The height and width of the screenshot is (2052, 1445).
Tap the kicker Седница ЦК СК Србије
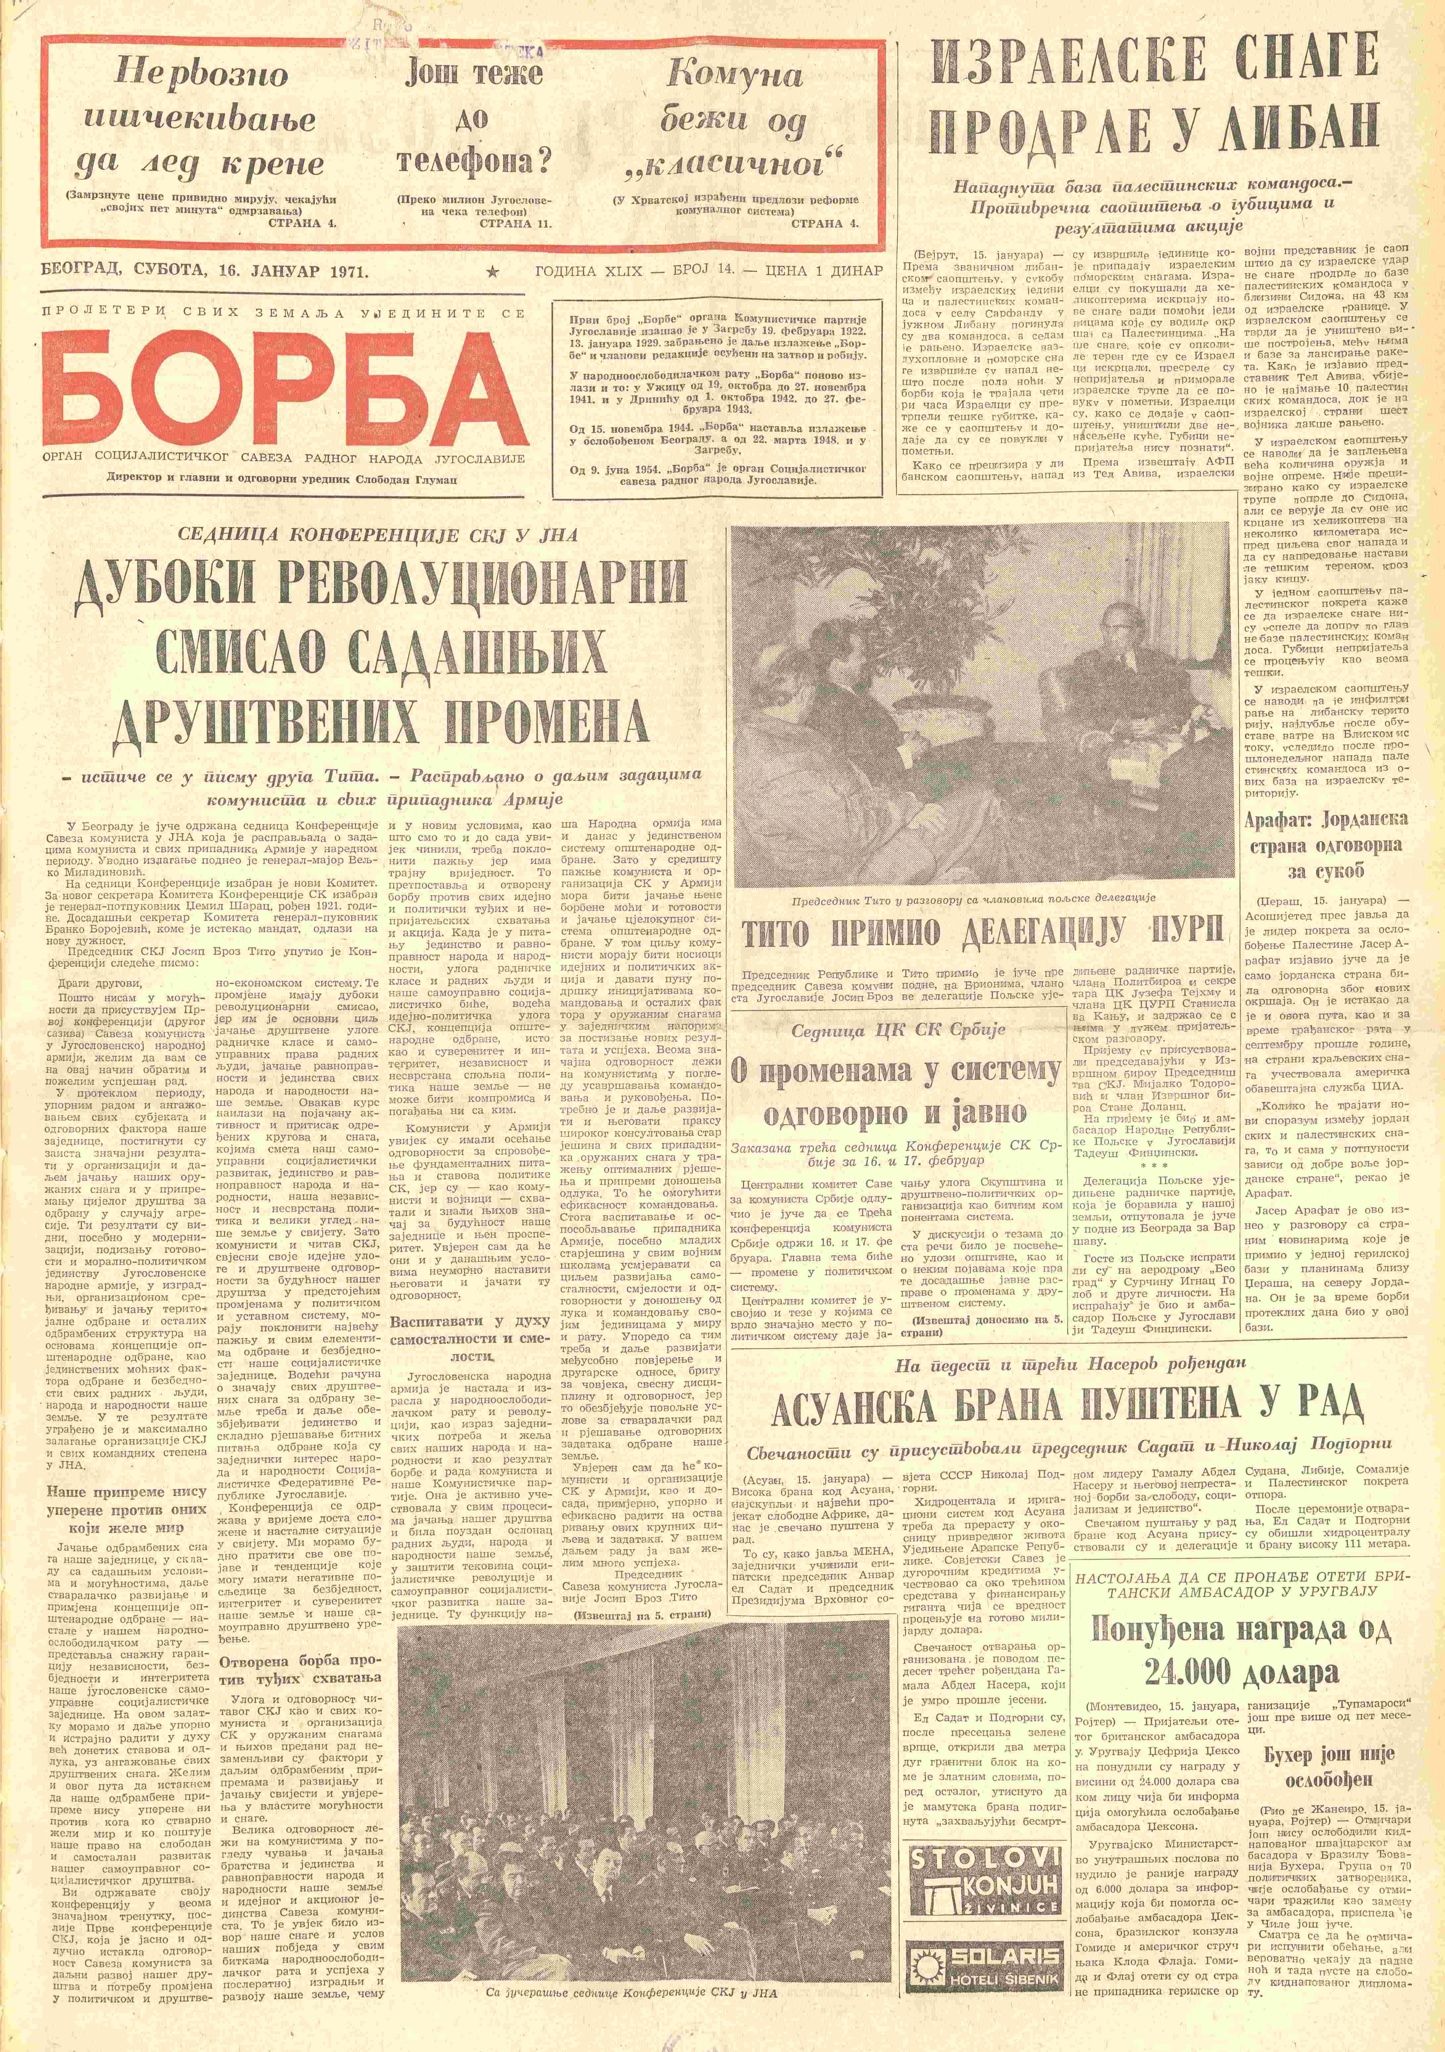click(898, 1030)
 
